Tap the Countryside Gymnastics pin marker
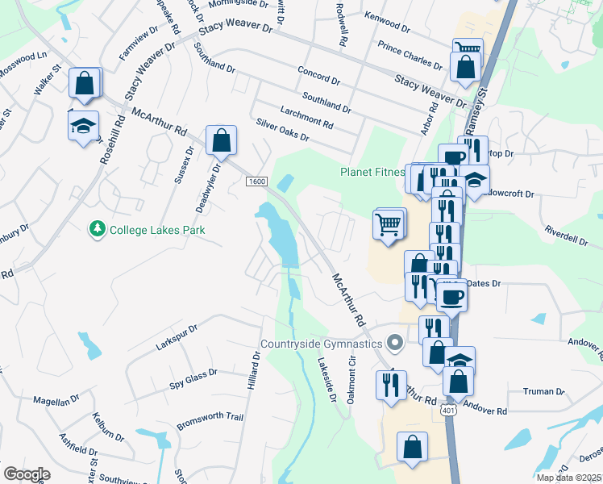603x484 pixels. tap(394, 344)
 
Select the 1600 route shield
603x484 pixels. tap(257, 181)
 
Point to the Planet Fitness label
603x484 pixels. tap(371, 172)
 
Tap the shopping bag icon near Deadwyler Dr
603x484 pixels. tap(221, 140)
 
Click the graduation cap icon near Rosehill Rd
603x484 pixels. tap(83, 126)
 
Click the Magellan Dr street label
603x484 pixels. tap(56, 399)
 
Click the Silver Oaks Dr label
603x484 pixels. tap(282, 130)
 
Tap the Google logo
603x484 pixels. tap(27, 474)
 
